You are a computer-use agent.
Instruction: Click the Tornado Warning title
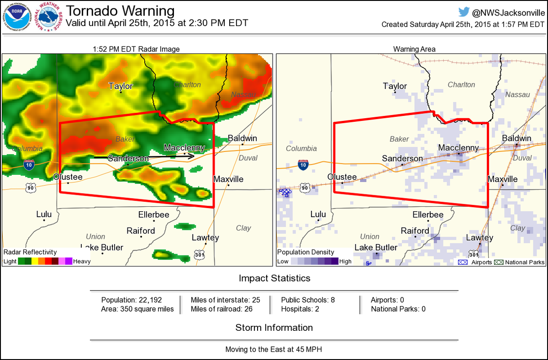(x=120, y=11)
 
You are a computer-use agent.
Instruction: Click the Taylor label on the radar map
(x=121, y=86)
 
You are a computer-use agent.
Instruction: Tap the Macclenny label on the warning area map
(x=458, y=147)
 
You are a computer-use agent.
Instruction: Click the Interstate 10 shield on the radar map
(x=29, y=165)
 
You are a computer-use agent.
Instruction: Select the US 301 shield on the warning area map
(x=474, y=254)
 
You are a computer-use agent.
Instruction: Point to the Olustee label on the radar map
(x=68, y=177)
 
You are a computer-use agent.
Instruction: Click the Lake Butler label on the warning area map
(x=376, y=247)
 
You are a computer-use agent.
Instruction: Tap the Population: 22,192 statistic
(x=132, y=300)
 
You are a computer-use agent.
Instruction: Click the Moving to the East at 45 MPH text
(x=274, y=350)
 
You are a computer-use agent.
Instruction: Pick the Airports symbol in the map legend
(x=463, y=262)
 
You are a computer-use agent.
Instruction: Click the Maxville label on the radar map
(x=228, y=179)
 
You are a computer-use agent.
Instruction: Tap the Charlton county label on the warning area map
(x=461, y=84)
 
